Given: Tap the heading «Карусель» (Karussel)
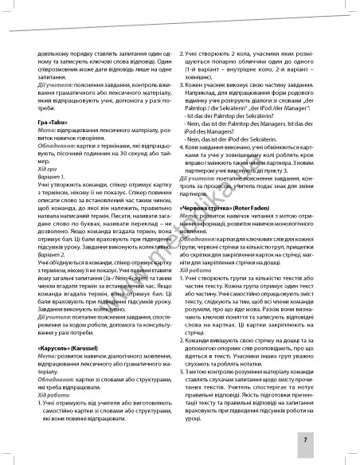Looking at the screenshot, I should click(x=70, y=327).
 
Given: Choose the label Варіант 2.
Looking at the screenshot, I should click(x=49, y=240).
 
